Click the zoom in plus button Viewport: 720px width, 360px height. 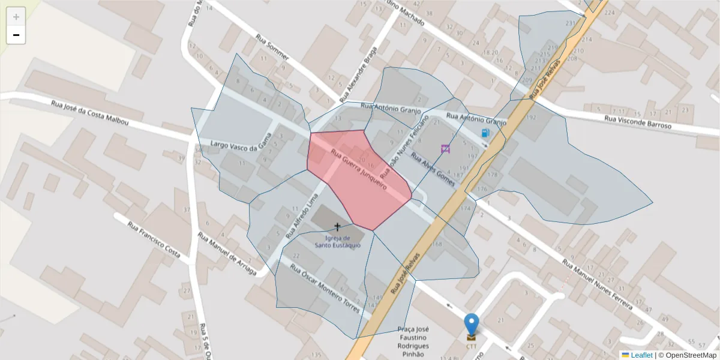click(16, 17)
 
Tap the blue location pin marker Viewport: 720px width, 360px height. click(472, 325)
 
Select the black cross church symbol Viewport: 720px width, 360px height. click(337, 227)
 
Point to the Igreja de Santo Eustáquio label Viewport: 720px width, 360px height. click(338, 241)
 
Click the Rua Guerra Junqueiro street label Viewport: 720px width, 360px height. click(358, 170)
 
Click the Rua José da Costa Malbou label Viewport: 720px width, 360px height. click(90, 113)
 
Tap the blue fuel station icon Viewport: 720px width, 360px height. click(485, 133)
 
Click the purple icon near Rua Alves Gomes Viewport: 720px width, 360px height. click(445, 149)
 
